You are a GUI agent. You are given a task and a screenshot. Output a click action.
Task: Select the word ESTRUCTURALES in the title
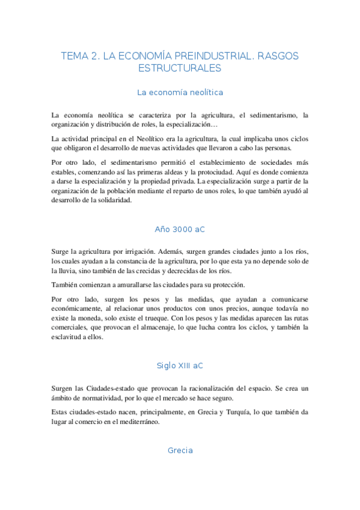(x=180, y=69)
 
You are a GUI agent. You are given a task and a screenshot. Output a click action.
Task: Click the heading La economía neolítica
(x=180, y=93)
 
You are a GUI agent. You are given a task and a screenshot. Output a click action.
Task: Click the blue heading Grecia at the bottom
(x=180, y=450)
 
